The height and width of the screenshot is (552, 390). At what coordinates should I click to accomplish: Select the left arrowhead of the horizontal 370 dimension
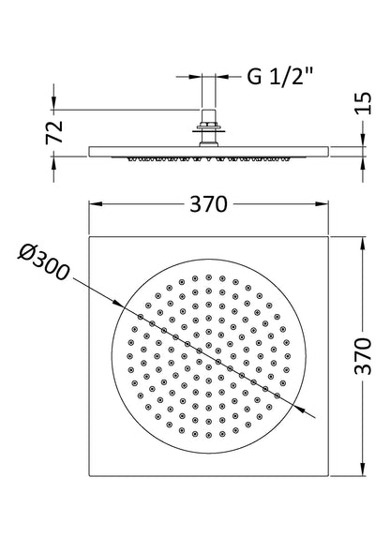pyautogui.click(x=94, y=205)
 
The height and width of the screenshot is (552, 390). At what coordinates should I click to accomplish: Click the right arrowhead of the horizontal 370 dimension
pyautogui.click(x=323, y=205)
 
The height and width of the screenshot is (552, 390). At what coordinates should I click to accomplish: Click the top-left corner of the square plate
pyautogui.click(x=89, y=239)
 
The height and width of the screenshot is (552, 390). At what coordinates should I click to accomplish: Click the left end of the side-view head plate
pyautogui.click(x=86, y=151)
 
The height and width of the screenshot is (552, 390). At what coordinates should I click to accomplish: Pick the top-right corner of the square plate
pyautogui.click(x=328, y=239)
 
